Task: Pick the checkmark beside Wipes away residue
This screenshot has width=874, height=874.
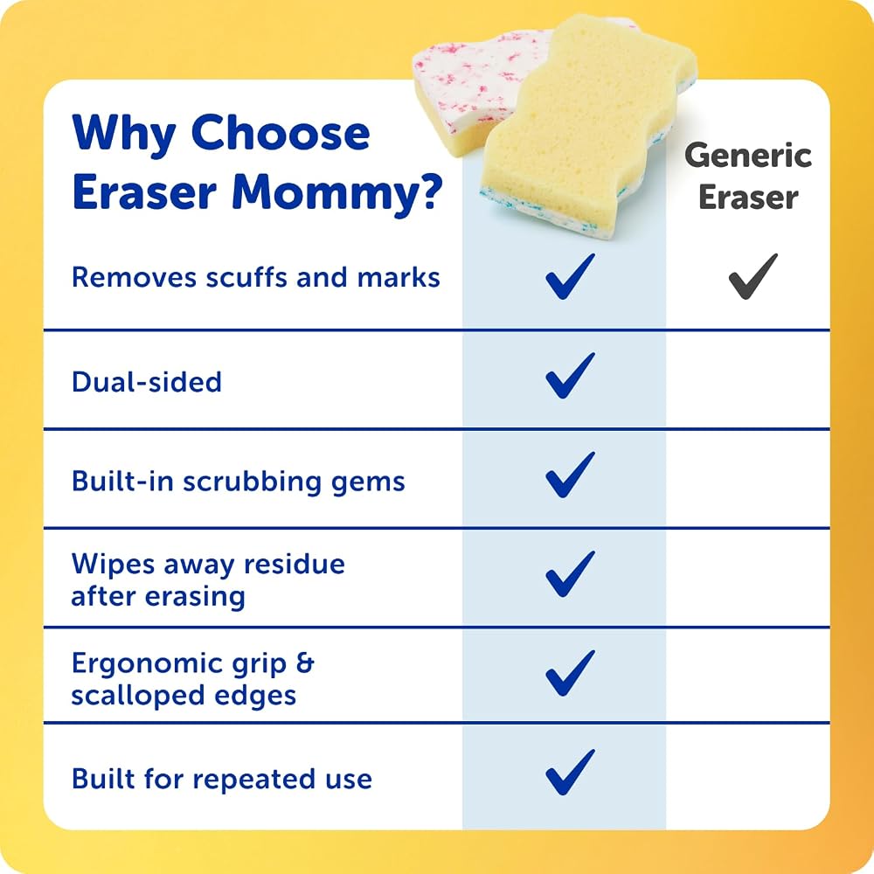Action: point(569,576)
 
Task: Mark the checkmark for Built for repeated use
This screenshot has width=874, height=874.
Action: point(569,774)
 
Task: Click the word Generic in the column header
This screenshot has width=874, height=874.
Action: point(748,156)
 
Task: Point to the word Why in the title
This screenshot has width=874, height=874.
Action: point(124,134)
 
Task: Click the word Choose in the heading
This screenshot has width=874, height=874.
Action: point(281,133)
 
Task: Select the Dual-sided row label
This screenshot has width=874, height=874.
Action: point(147,383)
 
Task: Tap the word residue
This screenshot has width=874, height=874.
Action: point(295,564)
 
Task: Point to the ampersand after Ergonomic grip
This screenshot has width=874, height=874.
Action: point(305,662)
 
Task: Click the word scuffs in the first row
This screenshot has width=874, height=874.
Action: point(247,277)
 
